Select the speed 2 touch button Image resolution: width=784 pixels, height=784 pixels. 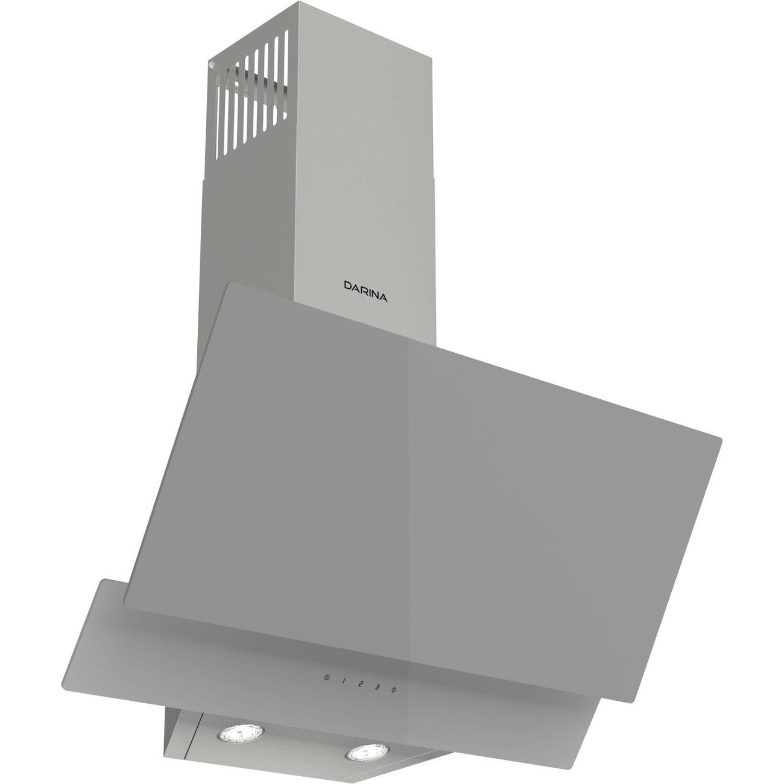coord(360,684)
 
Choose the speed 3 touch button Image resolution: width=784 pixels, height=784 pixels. coord(377,686)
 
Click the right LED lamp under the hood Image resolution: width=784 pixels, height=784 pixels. coord(362,754)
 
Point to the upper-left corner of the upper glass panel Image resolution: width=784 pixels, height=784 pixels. coord(227,285)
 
